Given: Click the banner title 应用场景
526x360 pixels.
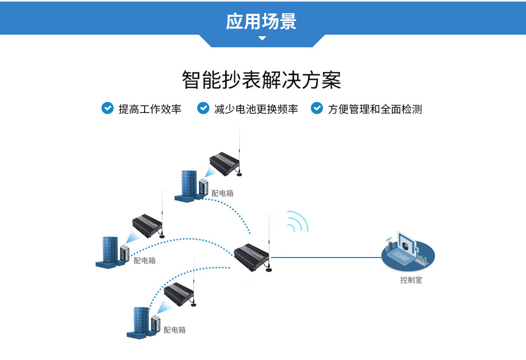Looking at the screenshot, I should pos(262,22).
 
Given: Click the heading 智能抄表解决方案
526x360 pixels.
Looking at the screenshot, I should pos(261,80).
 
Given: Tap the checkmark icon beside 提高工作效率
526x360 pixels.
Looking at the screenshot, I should pos(107,108).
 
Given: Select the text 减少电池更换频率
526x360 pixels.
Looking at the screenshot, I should pos(256,109).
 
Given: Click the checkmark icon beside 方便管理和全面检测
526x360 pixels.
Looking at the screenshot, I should pos(317,108).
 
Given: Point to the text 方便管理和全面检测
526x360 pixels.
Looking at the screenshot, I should pos(375,109).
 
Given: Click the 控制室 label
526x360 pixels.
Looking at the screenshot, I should pos(411,280).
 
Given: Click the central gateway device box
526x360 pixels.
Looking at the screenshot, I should pos(251,256).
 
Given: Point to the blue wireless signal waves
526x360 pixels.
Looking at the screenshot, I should pos(297,222).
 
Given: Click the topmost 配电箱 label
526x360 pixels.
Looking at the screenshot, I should pos(222,193).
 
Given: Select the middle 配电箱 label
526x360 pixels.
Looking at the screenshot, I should pos(144,260).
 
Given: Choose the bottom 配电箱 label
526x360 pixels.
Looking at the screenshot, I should pos(174,330).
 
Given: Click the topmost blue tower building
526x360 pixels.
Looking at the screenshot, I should pos(189,184).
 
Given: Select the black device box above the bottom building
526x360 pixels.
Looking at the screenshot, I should pos(179,294).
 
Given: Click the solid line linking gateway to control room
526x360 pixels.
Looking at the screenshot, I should pos(326,258).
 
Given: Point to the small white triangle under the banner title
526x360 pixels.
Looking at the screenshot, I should pos(262,38).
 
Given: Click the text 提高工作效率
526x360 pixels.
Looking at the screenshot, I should pos(150,109).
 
